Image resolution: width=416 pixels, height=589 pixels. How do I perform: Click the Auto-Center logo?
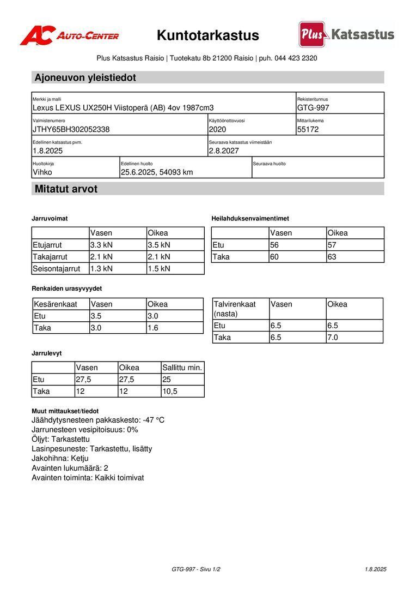point(69,35)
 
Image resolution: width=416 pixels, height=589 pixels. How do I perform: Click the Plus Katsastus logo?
point(346,34)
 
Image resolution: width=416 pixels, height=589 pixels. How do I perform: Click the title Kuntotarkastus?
point(207,35)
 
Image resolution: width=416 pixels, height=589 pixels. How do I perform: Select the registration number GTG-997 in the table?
point(313,108)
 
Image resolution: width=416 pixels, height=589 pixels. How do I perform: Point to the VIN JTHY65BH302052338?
point(71,129)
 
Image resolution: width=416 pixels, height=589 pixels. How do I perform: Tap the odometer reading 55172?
point(308,129)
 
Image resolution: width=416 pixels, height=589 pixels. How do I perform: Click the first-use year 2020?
point(217,129)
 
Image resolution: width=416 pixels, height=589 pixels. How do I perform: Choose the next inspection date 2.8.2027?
point(224,151)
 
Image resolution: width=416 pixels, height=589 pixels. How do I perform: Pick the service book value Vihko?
point(43,172)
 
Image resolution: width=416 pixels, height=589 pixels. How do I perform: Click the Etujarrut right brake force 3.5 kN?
point(159,245)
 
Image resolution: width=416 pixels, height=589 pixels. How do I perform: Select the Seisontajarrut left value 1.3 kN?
point(101,268)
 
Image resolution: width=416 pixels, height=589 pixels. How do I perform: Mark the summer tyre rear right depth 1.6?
point(153,328)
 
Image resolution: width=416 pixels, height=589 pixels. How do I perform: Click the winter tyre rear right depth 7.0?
point(333,338)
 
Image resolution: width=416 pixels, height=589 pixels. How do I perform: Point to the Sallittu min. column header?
point(182,368)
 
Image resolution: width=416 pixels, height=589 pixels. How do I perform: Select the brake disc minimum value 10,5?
point(170,392)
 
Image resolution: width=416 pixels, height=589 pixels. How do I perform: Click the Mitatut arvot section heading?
point(66,189)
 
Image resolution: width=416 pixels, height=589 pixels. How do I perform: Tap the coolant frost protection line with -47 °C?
point(98,420)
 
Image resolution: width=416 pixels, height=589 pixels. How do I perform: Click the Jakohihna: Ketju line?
point(60,458)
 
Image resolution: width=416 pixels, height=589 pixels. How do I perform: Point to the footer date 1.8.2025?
point(375,569)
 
